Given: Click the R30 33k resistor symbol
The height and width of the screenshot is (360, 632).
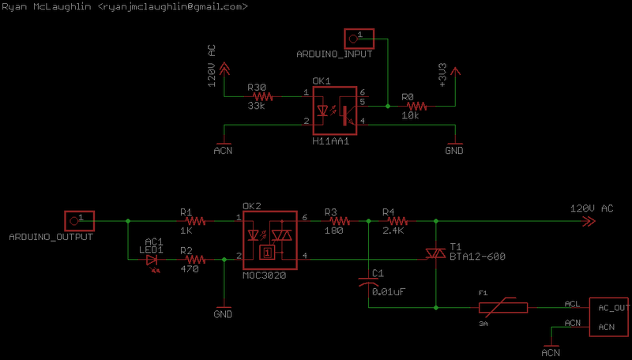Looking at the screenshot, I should (x=261, y=96).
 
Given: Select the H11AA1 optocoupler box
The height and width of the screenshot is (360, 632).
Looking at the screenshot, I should (x=334, y=111).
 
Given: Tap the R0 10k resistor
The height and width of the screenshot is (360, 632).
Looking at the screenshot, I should (x=416, y=105).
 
